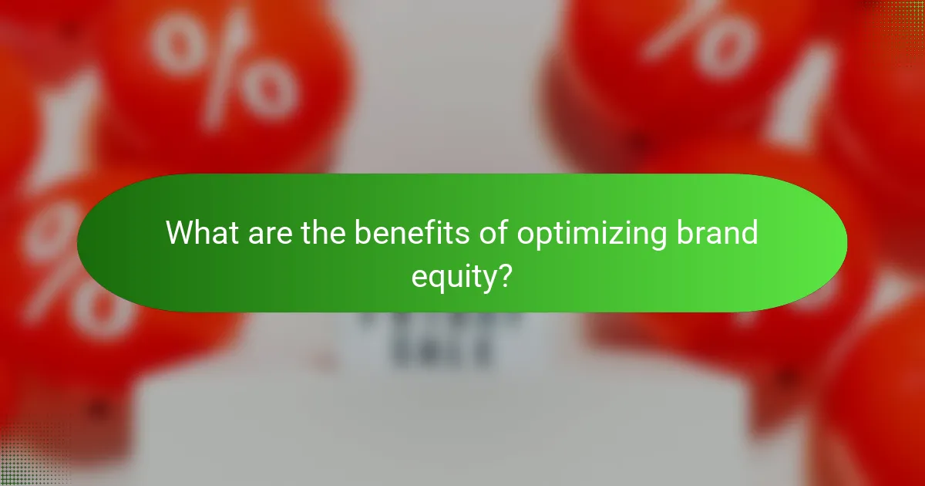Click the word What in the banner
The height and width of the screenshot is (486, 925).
tap(202, 233)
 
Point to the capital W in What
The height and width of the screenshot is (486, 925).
tap(180, 233)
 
